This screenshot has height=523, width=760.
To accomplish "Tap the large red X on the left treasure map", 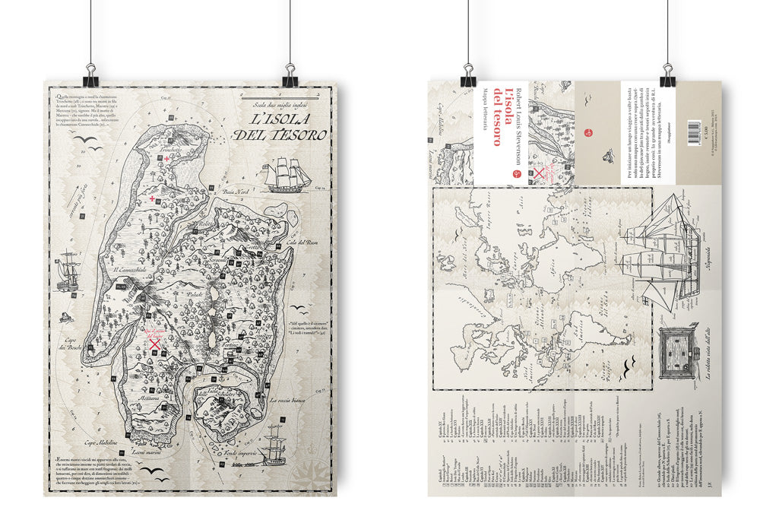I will click(x=156, y=344).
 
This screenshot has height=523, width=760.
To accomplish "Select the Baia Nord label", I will click(x=232, y=192).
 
